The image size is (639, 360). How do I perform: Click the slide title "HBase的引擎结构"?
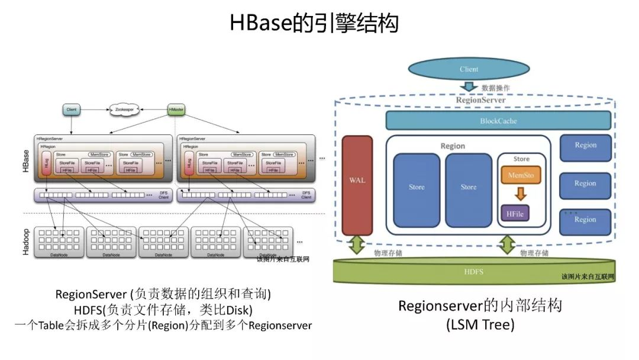[x=314, y=24]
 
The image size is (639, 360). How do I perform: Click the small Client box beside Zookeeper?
[x=72, y=110]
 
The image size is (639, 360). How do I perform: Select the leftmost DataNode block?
[x=59, y=242]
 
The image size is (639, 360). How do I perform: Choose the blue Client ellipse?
[x=469, y=69]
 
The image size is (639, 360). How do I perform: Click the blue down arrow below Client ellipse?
[x=469, y=87]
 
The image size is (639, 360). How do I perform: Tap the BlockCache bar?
[x=498, y=121]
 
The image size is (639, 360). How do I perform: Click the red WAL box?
[x=357, y=185]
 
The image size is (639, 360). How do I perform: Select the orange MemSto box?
[x=521, y=175]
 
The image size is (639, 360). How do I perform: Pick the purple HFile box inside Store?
[x=515, y=213]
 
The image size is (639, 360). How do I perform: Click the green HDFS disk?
[x=473, y=272]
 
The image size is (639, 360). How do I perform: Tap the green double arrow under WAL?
[x=356, y=245]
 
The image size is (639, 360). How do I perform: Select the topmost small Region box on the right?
[x=585, y=146]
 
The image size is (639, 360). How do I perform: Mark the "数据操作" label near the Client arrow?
[x=496, y=88]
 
